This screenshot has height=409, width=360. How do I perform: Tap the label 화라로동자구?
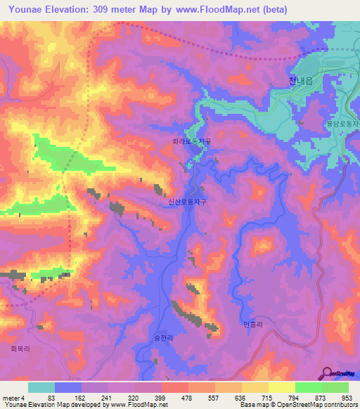(193, 141)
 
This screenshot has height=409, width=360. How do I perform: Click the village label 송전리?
(163, 337)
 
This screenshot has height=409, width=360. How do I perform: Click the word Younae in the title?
(25, 9)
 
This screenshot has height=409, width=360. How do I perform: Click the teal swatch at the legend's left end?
(41, 387)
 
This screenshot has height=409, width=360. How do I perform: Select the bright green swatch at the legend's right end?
(335, 387)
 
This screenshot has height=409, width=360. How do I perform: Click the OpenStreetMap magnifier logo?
(328, 373)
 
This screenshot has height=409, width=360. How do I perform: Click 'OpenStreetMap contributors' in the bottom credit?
(322, 405)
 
